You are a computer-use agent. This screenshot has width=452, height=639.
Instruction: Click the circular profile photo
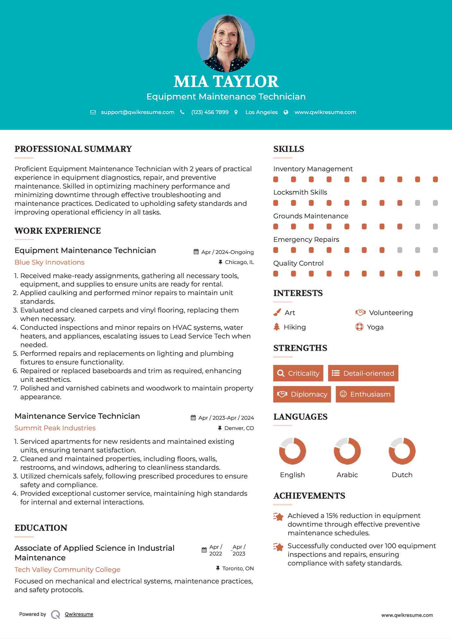point(226,43)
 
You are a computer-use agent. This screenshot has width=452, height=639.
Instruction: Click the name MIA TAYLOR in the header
point(226,82)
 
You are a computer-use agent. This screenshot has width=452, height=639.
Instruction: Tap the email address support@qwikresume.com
point(137,112)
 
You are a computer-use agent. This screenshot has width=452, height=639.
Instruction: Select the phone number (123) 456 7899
point(210,112)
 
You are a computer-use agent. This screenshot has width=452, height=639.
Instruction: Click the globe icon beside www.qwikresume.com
point(286,112)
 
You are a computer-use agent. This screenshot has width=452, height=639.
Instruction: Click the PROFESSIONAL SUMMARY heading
point(73,149)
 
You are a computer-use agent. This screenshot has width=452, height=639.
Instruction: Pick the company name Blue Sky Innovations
point(49,262)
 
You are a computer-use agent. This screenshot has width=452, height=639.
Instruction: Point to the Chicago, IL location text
point(239,262)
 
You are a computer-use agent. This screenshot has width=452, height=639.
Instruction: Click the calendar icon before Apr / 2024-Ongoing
point(196,252)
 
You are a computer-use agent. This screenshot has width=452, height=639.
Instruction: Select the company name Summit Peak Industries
point(55,428)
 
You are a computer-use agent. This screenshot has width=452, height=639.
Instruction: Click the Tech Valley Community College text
point(67,570)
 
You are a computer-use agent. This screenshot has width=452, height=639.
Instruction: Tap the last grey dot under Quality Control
point(435,274)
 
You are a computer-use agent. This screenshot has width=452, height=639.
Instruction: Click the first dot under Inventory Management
point(276,179)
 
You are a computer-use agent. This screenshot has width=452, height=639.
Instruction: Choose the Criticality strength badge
point(298,373)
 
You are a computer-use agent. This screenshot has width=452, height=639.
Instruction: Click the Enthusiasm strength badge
point(365,394)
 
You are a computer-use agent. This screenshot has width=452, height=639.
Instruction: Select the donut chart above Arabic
point(347,451)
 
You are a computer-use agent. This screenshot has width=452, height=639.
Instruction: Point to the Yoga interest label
point(375,327)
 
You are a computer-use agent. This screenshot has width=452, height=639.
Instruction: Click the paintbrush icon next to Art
point(277,313)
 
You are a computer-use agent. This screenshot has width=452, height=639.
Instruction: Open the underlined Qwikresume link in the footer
point(79,614)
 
